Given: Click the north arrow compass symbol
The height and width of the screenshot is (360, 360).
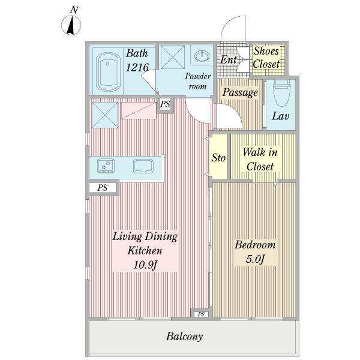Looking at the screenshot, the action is tap(71, 25).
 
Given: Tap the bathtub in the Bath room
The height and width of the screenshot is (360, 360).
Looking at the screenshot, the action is tap(108, 72).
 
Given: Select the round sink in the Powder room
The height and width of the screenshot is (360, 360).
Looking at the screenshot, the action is tap(202, 56).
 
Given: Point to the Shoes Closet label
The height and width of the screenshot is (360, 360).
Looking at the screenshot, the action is tap(266, 58).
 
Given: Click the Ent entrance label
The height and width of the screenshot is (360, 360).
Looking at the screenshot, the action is tap(228, 59).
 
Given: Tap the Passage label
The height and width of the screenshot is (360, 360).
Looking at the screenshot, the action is tap(240, 92).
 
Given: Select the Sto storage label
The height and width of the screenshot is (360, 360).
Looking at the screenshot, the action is tap(218, 158).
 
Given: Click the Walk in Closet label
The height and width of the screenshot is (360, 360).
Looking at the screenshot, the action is tap(260, 160).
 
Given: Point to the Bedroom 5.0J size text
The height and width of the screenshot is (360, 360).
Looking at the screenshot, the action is tap(256, 259).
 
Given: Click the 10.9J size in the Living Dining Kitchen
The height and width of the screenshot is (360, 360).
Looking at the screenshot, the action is tap(145, 265).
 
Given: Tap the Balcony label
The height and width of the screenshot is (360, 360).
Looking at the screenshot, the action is tap(184, 337).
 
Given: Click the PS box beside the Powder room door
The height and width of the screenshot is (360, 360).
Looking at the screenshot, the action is tap(165, 104).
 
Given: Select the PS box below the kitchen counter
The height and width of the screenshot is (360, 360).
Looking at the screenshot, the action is tap(103, 188).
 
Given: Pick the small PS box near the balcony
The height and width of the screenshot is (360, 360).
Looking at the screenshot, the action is tap(201, 314).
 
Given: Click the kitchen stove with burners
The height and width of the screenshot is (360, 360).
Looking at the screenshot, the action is tap(106, 166).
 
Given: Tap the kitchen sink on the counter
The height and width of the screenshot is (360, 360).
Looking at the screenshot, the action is tap(143, 166).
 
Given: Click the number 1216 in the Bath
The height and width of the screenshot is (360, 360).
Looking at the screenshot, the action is tap(137, 67).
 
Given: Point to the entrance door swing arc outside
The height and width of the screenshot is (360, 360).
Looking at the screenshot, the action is tap(230, 23).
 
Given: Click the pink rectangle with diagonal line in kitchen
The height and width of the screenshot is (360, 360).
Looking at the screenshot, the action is tap(139, 110).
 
